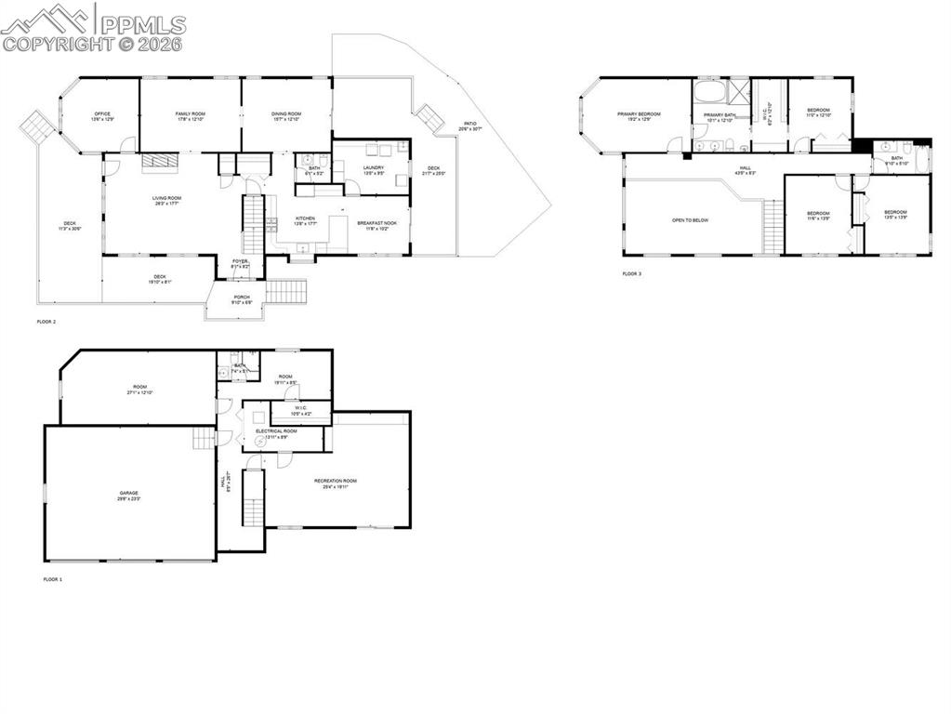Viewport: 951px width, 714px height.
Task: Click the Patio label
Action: [470, 126]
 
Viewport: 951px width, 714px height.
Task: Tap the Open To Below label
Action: [690, 220]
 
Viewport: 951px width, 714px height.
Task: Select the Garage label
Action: [128, 496]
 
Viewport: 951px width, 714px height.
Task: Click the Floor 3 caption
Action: [632, 274]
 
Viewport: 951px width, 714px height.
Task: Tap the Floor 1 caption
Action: [53, 579]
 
